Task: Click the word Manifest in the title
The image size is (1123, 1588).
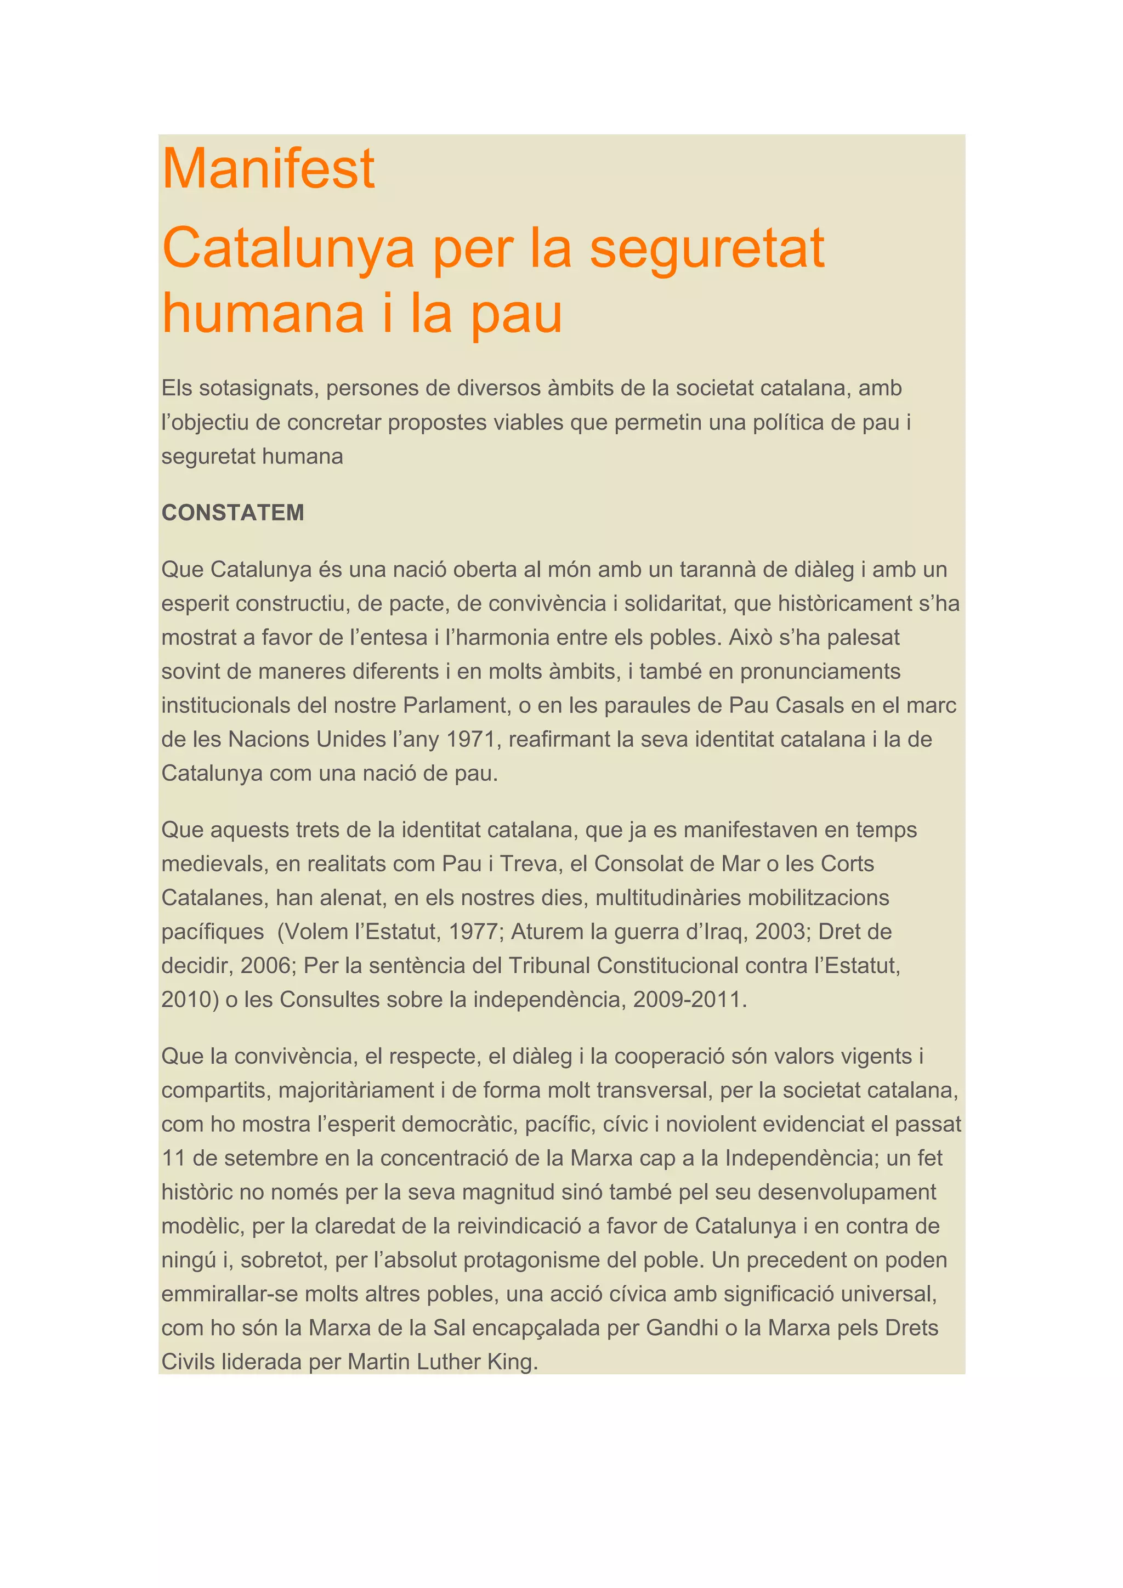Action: click(268, 169)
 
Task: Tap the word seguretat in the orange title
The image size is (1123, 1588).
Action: click(707, 248)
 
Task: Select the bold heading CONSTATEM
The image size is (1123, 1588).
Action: click(232, 513)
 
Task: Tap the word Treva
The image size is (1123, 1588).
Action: click(530, 864)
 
